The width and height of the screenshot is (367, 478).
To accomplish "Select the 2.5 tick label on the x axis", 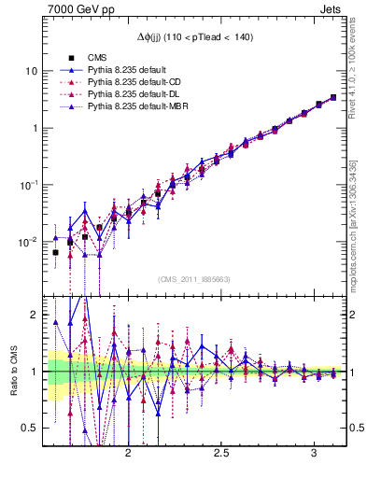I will [x=222, y=453].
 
